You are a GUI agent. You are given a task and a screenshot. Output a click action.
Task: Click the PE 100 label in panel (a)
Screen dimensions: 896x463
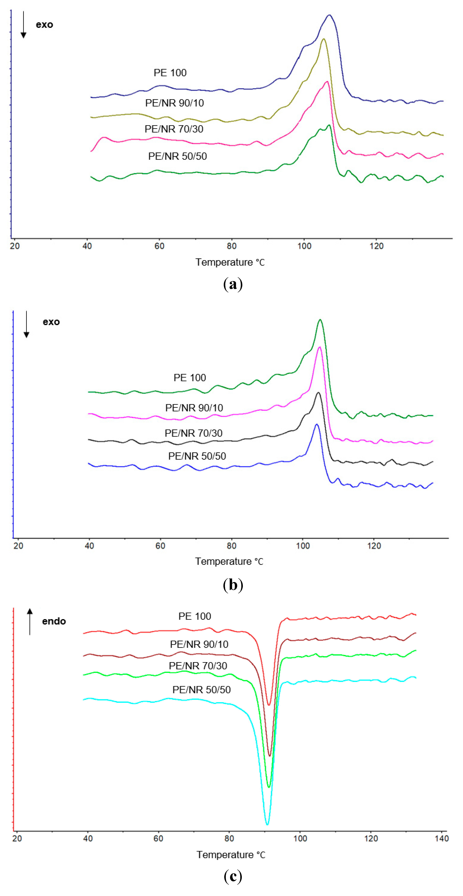coord(170,73)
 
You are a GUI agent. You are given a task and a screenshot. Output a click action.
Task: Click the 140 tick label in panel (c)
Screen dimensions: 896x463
coord(441,838)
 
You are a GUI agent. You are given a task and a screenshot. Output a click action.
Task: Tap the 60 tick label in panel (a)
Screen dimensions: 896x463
coord(159,246)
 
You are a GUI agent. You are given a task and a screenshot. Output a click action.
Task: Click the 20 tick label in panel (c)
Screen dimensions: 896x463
coord(17,838)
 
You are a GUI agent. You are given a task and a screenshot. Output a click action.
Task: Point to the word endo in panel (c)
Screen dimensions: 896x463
coord(54,621)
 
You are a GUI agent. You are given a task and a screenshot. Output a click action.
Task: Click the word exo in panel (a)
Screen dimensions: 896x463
coord(44,25)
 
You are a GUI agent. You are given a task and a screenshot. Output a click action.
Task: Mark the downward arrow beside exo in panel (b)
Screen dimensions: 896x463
coord(26,325)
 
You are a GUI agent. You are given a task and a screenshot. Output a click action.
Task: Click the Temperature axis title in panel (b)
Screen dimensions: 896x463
coord(229,561)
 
